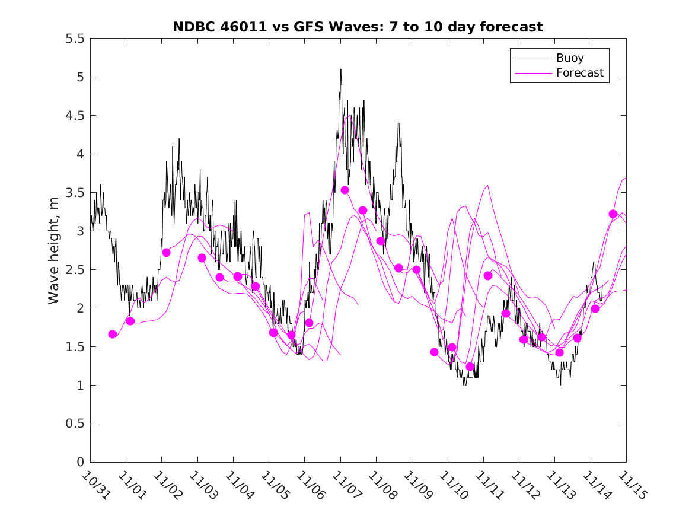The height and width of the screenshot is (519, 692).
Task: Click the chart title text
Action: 358,27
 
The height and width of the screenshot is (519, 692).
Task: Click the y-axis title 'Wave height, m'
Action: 54,250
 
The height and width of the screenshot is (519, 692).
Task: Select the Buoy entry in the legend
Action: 570,58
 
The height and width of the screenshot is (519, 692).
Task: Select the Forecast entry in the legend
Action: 579,73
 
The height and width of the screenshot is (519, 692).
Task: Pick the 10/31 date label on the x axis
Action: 94,485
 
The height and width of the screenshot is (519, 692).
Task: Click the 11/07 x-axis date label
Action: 345,485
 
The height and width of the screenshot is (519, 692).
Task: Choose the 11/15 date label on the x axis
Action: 630,485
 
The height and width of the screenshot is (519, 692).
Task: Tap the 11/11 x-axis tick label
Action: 487,485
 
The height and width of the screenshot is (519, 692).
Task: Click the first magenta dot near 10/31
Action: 113,335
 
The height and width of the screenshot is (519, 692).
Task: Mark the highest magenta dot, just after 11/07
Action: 345,190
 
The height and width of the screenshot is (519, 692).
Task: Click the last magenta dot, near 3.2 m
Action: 613,214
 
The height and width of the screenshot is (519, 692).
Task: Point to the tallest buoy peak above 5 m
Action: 340,69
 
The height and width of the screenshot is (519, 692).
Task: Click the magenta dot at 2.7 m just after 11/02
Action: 167,253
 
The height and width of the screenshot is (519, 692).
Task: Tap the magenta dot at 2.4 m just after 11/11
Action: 488,276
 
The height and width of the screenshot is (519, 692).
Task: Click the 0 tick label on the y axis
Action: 81,463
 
